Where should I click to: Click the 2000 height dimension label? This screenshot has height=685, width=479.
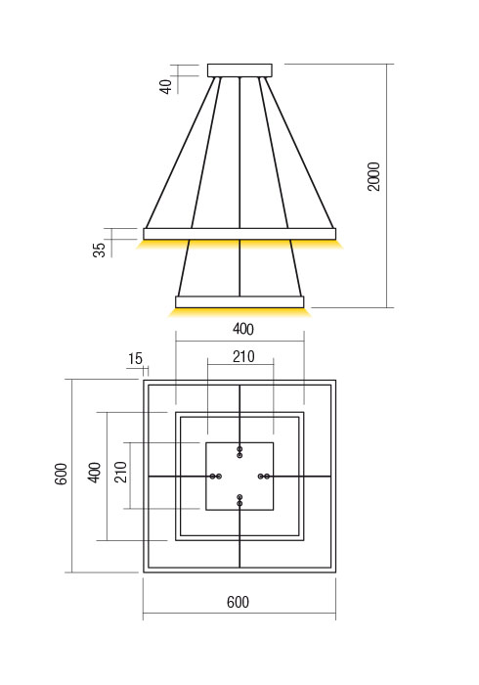pyautogui.click(x=374, y=176)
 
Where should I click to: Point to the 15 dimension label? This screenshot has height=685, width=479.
pyautogui.click(x=135, y=359)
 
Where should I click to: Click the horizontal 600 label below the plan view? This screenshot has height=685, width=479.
pyautogui.click(x=238, y=603)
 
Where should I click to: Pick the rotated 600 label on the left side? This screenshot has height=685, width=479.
pyautogui.click(x=61, y=477)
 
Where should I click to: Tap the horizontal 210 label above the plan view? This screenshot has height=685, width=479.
pyautogui.click(x=242, y=357)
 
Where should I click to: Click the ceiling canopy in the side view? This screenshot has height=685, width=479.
pyautogui.click(x=240, y=69)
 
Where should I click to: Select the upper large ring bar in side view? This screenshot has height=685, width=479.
pyautogui.click(x=239, y=233)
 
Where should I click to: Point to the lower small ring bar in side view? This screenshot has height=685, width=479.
pyautogui.click(x=239, y=301)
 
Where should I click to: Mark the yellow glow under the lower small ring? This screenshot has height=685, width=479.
pyautogui.click(x=239, y=312)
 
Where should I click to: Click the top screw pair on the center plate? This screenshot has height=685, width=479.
pyautogui.click(x=239, y=451)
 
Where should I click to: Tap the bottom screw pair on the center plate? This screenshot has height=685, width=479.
pyautogui.click(x=239, y=500)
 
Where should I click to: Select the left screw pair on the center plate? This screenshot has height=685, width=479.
pyautogui.click(x=216, y=476)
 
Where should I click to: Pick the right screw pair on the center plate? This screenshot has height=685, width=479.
pyautogui.click(x=263, y=476)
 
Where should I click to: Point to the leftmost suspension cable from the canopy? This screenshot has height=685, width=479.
pyautogui.click(x=181, y=152)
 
